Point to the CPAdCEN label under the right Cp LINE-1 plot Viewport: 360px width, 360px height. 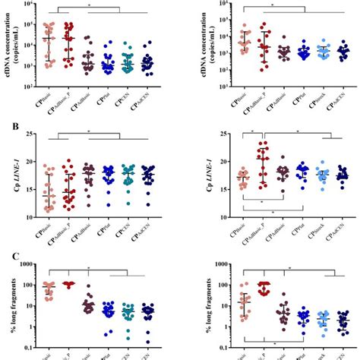(x=339, y=229)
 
